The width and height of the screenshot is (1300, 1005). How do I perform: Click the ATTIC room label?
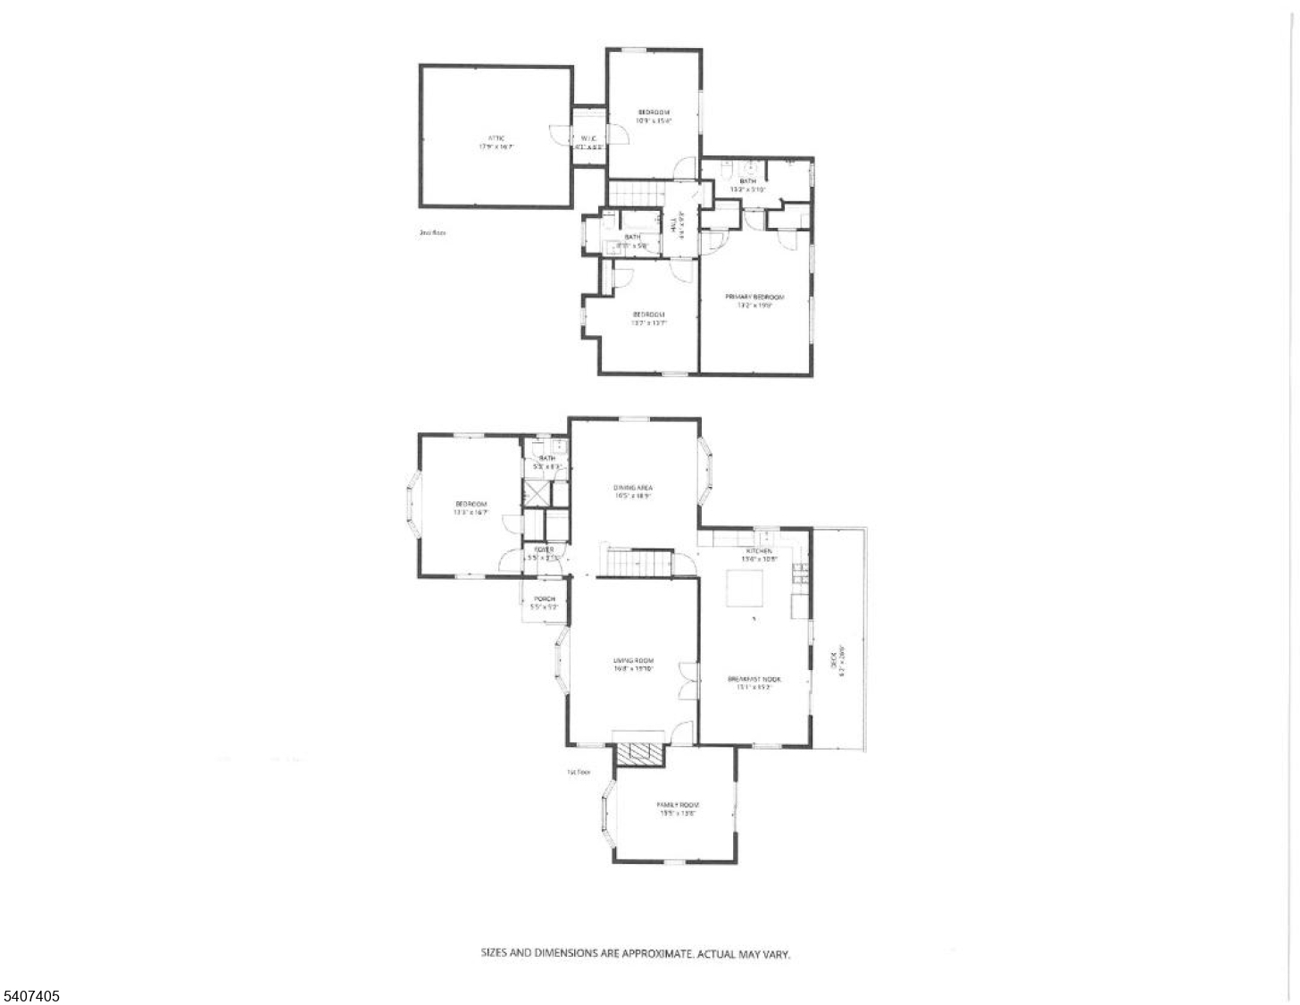[496, 138]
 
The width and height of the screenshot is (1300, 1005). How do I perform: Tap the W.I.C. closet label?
[588, 138]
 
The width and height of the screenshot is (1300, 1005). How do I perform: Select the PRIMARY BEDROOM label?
[754, 297]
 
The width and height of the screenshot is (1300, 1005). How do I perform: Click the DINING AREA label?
[632, 488]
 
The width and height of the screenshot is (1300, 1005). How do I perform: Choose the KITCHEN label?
[759, 551]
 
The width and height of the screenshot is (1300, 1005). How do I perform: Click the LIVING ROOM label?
[634, 661]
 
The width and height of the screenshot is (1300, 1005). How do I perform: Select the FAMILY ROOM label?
[678, 805]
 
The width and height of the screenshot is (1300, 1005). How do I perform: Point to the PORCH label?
[545, 599]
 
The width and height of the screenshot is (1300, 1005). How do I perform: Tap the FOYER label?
[544, 549]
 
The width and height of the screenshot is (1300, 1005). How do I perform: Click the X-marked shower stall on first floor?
[537, 494]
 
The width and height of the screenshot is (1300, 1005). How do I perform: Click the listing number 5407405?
[31, 994]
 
